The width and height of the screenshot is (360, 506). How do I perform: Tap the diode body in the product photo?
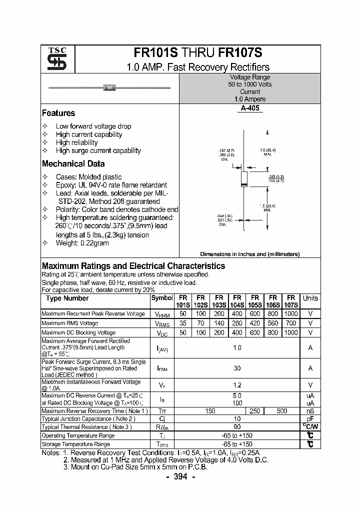pyautogui.click(x=109, y=88)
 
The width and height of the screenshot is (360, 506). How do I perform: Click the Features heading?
pyautogui.click(x=58, y=113)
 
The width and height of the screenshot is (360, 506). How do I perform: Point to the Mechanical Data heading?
pyautogui.click(x=73, y=163)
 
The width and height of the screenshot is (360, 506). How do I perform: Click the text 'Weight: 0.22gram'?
pyautogui.click(x=82, y=243)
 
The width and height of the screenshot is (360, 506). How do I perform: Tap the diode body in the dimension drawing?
pyautogui.click(x=244, y=178)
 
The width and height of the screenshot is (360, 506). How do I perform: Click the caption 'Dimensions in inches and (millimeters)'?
pyautogui.click(x=249, y=254)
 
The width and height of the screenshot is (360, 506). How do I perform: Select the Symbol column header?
pyautogui.click(x=161, y=298)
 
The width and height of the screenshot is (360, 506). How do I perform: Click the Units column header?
pyautogui.click(x=310, y=298)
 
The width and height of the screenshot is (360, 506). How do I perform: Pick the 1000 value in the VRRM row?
pyautogui.click(x=290, y=313)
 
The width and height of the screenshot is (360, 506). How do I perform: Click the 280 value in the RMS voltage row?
pyautogui.click(x=237, y=323)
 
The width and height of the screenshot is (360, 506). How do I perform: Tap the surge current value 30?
pyautogui.click(x=237, y=368)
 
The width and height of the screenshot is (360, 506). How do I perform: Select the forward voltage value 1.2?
pyautogui.click(x=237, y=385)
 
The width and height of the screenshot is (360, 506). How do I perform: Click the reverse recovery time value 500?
pyautogui.click(x=281, y=410)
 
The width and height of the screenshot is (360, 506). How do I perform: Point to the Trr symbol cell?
pyautogui.click(x=162, y=410)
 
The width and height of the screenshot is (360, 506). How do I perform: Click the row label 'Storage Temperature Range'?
pyautogui.click(x=76, y=444)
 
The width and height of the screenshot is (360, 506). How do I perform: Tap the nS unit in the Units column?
pyautogui.click(x=310, y=410)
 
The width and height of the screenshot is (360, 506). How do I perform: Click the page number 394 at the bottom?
pyautogui.click(x=179, y=476)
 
